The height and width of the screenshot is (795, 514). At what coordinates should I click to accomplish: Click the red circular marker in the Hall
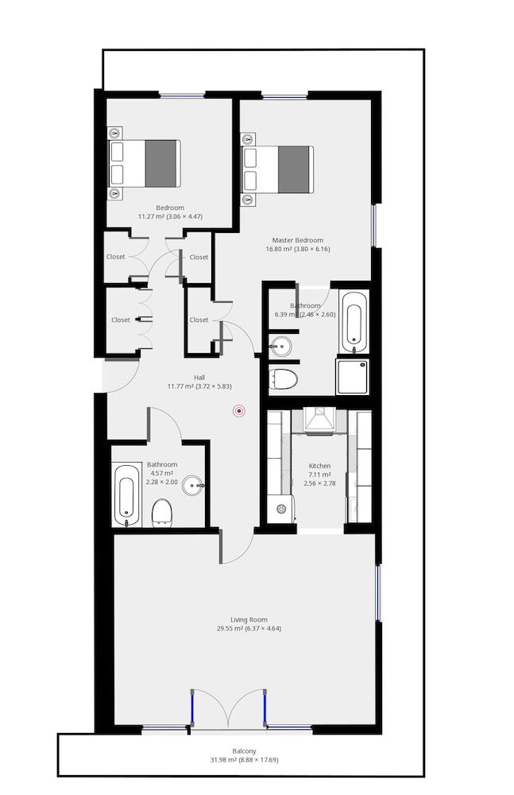pos(238,410)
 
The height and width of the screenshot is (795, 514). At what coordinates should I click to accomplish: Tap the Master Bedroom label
pos(297,240)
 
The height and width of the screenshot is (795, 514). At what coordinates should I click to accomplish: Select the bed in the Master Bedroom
pos(278,169)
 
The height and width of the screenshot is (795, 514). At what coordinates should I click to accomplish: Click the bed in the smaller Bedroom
pos(145,163)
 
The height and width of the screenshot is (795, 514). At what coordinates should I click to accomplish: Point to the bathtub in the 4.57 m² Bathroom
pos(127,494)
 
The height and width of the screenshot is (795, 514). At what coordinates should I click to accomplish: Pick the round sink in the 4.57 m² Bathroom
pos(193,485)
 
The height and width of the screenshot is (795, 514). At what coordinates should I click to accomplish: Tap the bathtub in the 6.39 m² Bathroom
pos(354,322)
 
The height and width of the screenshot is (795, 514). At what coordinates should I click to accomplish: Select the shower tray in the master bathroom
pos(352,377)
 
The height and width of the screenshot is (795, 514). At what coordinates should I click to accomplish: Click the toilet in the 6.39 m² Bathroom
pos(282,378)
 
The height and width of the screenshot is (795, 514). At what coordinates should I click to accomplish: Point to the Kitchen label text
pos(320,466)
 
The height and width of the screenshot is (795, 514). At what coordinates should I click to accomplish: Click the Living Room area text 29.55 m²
pos(249,629)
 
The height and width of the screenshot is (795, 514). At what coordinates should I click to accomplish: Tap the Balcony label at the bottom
pos(244,750)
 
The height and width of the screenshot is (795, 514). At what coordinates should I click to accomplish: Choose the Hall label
pos(199,378)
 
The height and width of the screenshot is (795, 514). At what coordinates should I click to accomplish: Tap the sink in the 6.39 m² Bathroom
pos(280,345)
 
